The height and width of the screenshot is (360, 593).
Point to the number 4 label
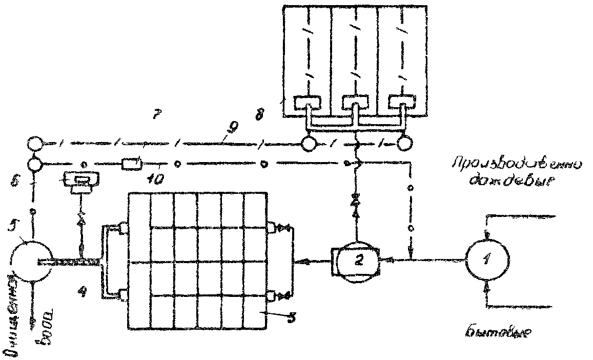pos(81,292)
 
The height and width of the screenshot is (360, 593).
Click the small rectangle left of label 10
pos(131,164)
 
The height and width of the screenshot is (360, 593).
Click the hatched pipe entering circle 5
pos(72,263)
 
